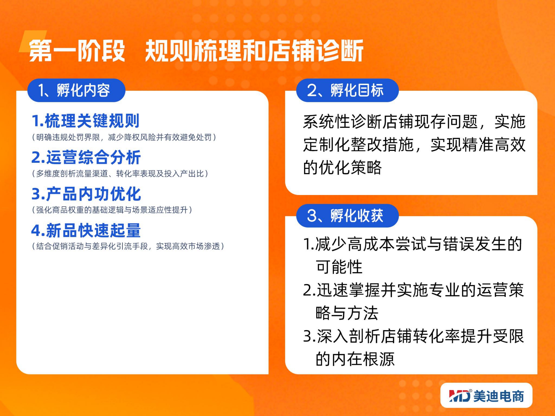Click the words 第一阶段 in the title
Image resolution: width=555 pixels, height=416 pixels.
coord(77,51)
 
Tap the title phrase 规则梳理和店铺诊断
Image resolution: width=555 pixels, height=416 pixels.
coord(254,51)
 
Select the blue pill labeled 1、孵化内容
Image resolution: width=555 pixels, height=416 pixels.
coord(76,90)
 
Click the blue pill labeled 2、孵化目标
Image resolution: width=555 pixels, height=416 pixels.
coord(347,90)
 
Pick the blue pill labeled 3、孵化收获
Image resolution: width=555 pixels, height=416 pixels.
coord(347,216)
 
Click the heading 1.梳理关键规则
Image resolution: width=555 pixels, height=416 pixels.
coord(86,121)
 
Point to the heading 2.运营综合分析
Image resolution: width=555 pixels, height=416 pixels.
coord(86,157)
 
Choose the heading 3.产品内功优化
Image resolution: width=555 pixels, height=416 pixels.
coord(86,194)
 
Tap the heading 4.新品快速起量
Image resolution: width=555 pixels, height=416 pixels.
coord(86,230)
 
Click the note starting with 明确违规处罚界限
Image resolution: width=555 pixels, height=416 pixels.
coord(124,137)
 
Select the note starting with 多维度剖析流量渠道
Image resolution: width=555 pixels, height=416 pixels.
coord(120,173)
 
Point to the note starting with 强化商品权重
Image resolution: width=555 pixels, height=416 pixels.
coord(112,210)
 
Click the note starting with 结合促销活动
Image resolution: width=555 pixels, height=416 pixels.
coord(128,246)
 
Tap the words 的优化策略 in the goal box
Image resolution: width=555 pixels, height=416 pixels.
coord(342,167)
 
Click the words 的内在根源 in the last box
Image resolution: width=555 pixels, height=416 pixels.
coord(355,359)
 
